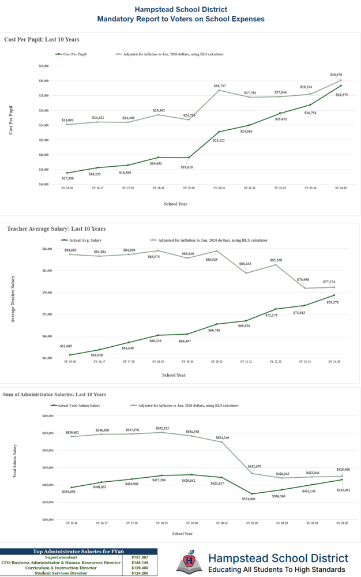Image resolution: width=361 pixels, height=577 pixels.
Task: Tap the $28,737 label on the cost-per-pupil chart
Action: [x=220, y=85]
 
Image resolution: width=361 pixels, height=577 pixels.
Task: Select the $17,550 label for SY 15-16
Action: [x=67, y=178]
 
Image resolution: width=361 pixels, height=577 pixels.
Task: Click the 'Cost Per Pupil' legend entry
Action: [x=74, y=54]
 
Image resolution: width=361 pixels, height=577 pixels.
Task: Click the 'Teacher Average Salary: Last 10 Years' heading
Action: [x=56, y=229]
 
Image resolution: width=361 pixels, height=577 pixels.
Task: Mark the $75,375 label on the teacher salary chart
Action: [x=333, y=302]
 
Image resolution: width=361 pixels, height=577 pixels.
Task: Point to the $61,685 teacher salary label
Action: [x=66, y=346]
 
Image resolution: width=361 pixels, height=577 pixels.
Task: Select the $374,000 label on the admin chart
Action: [x=249, y=499]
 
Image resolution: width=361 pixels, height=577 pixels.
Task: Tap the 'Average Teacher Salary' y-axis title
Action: [x=13, y=299]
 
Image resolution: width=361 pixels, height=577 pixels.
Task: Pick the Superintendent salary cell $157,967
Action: [x=144, y=557]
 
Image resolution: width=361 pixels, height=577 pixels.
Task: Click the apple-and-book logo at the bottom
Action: [x=189, y=562]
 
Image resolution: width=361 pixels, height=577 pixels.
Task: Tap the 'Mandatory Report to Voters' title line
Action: [x=180, y=19]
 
